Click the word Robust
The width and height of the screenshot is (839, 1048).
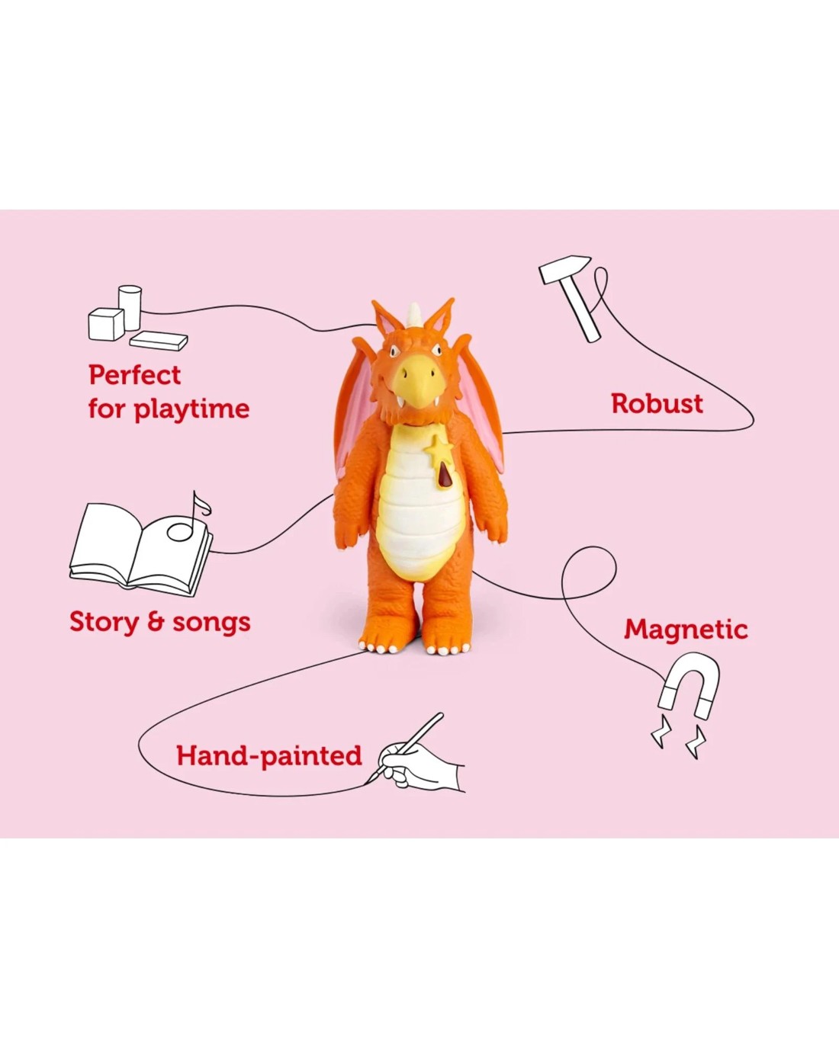(x=657, y=404)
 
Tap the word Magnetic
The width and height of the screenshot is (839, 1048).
(x=686, y=630)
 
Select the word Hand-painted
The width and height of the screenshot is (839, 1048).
(x=269, y=756)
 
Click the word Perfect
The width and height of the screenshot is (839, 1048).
(x=134, y=375)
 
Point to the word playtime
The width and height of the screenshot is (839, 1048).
(x=191, y=409)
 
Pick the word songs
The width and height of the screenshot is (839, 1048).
(x=211, y=623)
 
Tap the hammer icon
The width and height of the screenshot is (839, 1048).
(x=571, y=297)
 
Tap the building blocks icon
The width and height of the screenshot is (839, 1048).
(x=137, y=318)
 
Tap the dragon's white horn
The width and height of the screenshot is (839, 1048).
(x=414, y=315)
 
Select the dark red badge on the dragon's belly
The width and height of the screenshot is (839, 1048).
(x=444, y=475)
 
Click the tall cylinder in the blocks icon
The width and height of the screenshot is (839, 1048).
(x=130, y=307)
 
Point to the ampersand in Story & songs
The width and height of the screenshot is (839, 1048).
(x=156, y=623)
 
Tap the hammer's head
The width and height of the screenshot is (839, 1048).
(x=564, y=268)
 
